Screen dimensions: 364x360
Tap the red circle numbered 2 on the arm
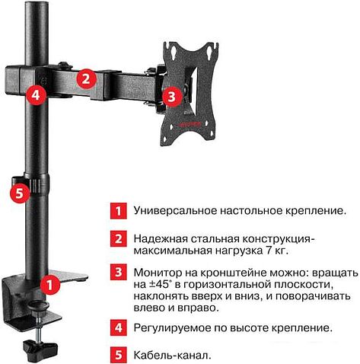pyautogui.click(x=87, y=77)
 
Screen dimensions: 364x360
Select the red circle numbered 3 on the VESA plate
pyautogui.click(x=171, y=96)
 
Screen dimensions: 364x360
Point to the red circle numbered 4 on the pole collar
pyautogui.click(x=34, y=96)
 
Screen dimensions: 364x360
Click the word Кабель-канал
pyautogui.click(x=169, y=354)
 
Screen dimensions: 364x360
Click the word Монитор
pyautogui.click(x=158, y=271)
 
